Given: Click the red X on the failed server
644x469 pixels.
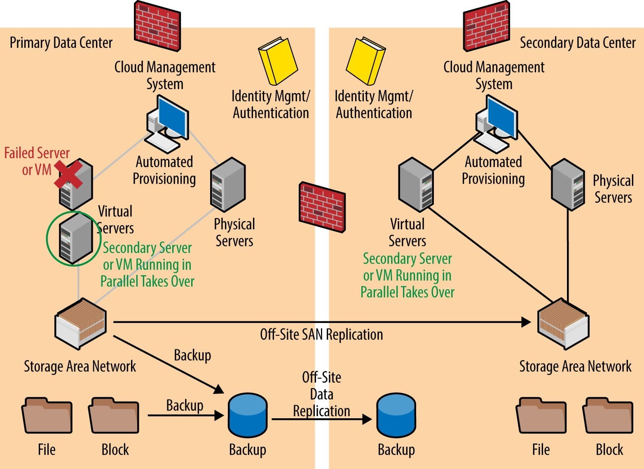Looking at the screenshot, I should coord(68,174).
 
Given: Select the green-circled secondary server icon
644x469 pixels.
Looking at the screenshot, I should coord(75,238).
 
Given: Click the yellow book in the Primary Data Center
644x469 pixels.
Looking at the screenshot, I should coord(278,60).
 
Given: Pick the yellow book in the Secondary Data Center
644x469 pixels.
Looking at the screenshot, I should coord(365,60).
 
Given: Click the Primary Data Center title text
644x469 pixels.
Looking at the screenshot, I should coord(61,42).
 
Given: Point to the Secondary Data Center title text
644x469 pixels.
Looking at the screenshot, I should coord(577,42).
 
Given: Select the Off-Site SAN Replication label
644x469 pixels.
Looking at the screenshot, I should coord(321,334).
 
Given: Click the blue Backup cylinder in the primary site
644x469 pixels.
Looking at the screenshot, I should coord(248,415).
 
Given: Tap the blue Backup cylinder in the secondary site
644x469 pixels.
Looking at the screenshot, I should coord(396,415).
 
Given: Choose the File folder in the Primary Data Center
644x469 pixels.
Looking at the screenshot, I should coord(47,415).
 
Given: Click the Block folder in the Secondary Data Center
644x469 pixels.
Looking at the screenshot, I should coord(607,415).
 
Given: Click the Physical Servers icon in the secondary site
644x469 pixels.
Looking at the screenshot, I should coord(568,184).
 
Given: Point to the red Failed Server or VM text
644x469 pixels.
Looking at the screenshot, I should coord(36,161).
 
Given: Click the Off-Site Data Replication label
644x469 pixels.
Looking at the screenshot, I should coord(321,394).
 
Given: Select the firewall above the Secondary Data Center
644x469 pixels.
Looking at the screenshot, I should coord(486,26).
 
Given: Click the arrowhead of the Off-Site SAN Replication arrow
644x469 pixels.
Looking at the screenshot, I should coord(526,322).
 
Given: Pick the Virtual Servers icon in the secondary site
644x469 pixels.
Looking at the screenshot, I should coord(416,184).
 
